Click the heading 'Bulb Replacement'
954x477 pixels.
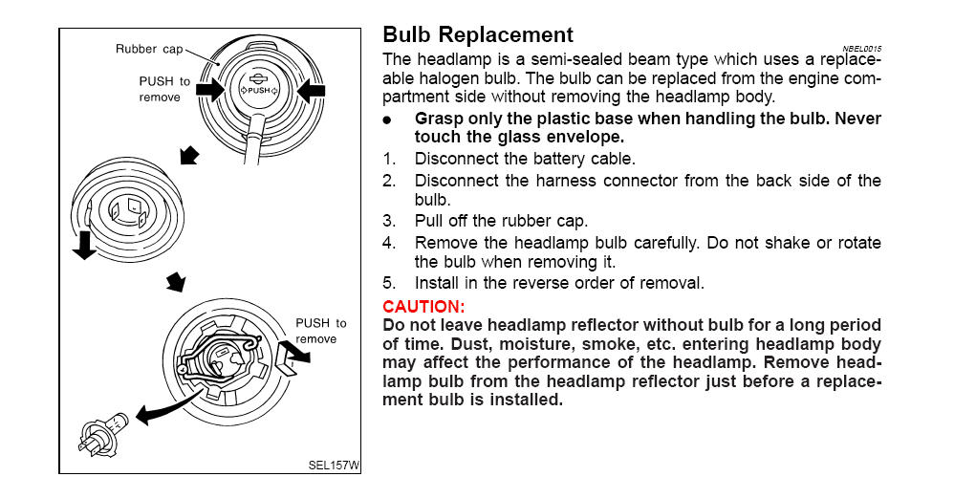tap(477, 35)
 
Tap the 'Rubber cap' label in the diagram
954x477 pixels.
tap(148, 49)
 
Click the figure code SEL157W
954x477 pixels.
tap(334, 466)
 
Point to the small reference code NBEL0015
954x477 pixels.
tap(862, 48)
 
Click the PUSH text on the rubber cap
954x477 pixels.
tap(258, 90)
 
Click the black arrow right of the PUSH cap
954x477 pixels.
tap(312, 91)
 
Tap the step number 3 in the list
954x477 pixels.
tap(388, 221)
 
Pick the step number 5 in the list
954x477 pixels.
tap(388, 283)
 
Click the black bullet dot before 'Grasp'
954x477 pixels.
tap(387, 120)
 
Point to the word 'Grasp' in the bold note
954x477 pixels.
tap(440, 119)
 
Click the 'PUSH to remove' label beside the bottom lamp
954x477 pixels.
tap(321, 331)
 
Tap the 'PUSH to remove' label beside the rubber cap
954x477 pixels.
tap(164, 89)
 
